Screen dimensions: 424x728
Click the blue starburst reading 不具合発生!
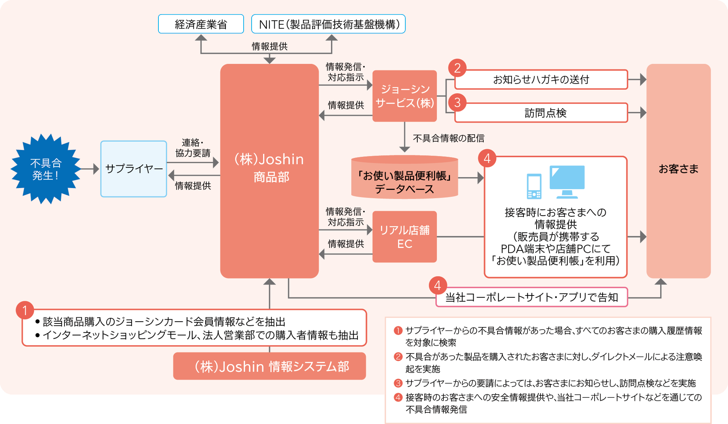click(46, 169)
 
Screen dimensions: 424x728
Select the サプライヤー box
click(133, 169)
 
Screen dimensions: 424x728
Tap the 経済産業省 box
click(201, 24)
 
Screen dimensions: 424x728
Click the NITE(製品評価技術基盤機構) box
click(328, 24)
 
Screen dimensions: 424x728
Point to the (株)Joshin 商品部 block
click(269, 169)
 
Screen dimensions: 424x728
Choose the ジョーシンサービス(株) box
click(404, 96)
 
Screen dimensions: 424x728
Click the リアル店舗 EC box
click(404, 237)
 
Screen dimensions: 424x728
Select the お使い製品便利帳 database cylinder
click(404, 178)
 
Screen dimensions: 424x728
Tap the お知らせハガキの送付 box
click(541, 80)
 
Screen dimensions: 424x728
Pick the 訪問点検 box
click(541, 113)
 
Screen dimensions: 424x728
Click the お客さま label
click(678, 169)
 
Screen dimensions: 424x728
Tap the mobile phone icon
click(534, 186)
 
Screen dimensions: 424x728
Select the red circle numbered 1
click(25, 310)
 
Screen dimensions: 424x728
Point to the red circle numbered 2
click(457, 68)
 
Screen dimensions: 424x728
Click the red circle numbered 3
click(457, 102)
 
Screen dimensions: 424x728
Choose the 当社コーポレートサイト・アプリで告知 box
click(532, 297)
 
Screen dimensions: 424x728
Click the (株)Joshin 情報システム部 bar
click(269, 366)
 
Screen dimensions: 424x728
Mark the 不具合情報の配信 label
click(448, 138)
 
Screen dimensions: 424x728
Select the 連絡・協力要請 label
click(193, 148)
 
